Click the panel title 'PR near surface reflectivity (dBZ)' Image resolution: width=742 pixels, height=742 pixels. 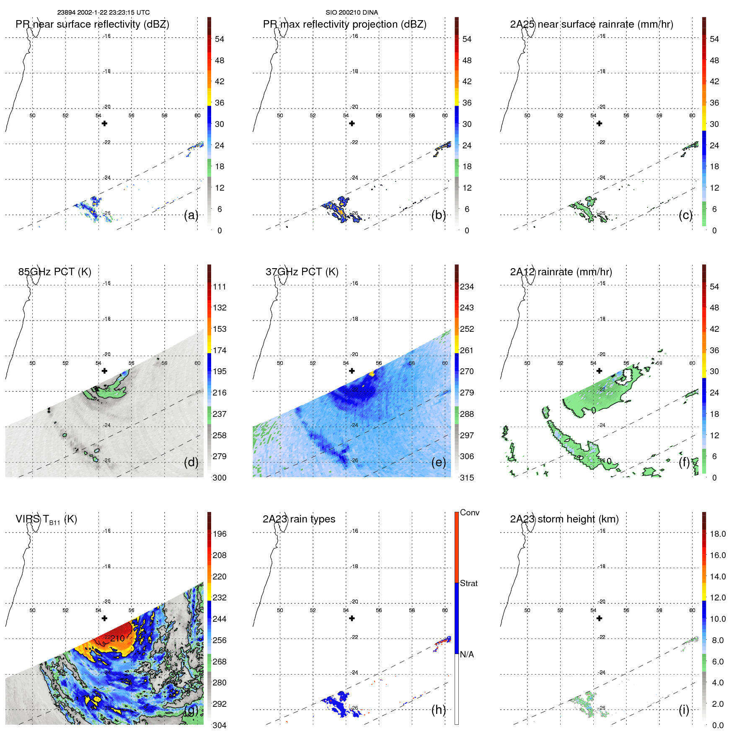coord(92,24)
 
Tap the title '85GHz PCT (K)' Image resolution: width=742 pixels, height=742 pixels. coord(54,272)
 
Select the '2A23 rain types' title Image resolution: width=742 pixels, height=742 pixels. coord(299,519)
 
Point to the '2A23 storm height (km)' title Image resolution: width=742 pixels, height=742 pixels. coord(564,519)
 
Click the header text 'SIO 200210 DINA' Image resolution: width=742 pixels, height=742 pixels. coord(352,13)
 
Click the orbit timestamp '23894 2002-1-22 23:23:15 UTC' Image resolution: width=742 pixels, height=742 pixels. coord(103,13)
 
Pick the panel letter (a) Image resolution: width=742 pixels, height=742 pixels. coord(191,215)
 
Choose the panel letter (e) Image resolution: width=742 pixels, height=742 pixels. coord(438,463)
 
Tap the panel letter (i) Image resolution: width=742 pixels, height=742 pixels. coord(684,710)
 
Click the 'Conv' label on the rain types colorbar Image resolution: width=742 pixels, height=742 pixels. coord(469,513)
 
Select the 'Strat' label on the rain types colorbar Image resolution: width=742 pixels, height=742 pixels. coord(469,584)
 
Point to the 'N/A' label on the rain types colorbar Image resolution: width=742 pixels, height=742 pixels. coord(467,654)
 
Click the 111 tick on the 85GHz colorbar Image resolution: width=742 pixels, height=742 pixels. coord(219,287)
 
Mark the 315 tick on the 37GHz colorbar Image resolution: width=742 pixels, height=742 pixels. coord(467,478)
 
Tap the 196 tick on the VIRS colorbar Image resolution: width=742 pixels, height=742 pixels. coord(219,534)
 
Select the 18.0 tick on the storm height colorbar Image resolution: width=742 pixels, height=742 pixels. coord(717,534)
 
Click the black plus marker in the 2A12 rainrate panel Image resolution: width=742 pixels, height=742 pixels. coord(599,371)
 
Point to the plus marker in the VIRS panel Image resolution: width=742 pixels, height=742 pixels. coord(104,618)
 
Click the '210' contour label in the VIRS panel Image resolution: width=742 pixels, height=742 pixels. coord(118,639)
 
